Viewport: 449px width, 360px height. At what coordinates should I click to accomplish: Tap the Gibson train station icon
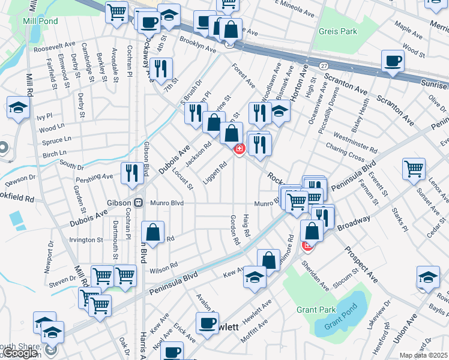[x=138, y=203]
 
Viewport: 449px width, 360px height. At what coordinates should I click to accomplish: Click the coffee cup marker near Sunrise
[x=393, y=61]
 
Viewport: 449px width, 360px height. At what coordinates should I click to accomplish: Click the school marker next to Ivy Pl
[x=18, y=107]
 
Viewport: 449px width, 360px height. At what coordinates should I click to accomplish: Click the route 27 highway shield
[x=324, y=65]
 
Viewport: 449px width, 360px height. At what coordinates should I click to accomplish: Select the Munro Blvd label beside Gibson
[x=167, y=203]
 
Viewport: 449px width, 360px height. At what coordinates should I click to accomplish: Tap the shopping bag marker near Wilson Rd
[x=154, y=232]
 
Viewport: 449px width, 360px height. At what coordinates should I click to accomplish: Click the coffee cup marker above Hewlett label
[x=208, y=322]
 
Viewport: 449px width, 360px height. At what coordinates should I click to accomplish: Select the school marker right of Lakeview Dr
[x=428, y=277]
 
